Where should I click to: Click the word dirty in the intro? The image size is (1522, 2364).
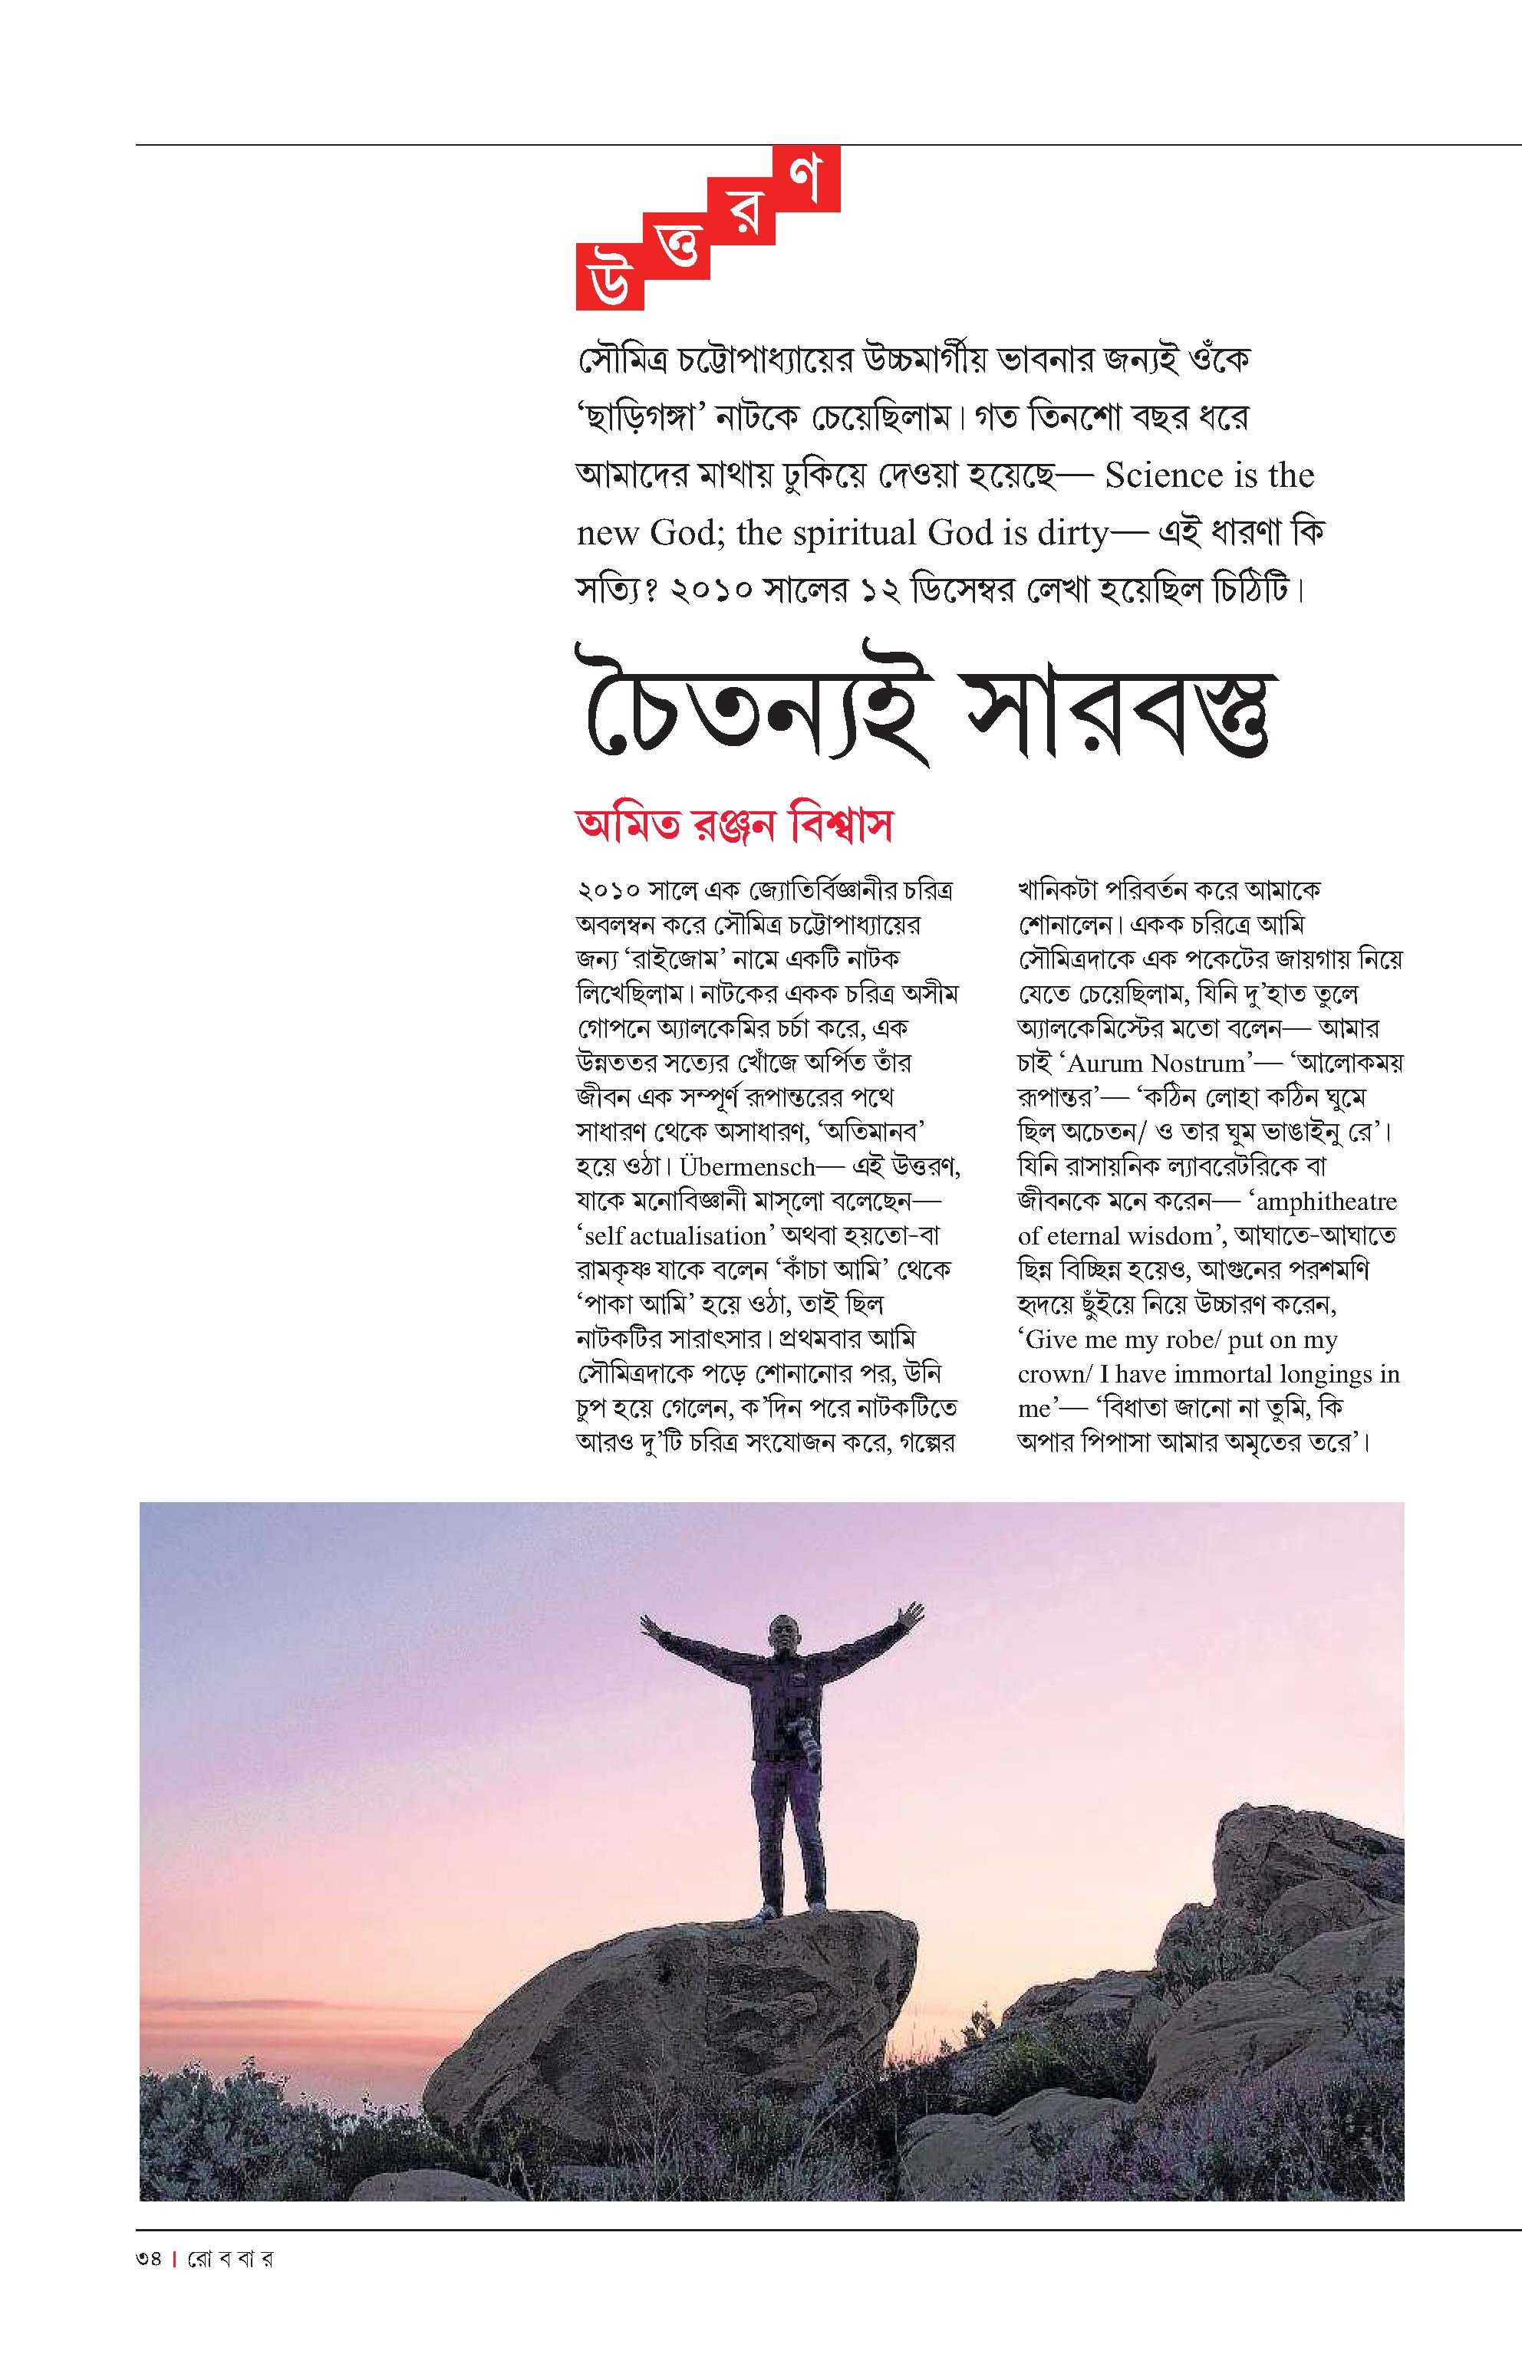click(x=1059, y=534)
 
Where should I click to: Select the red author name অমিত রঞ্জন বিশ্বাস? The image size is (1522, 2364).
click(x=734, y=826)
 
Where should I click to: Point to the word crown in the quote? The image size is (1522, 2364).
click(x=1050, y=1375)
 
